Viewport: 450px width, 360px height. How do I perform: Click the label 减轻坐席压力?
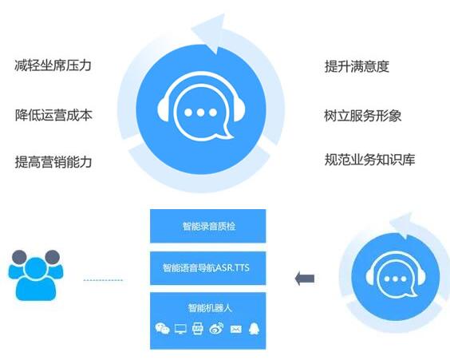[x=53, y=65]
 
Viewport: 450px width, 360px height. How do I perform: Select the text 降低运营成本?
[x=53, y=115]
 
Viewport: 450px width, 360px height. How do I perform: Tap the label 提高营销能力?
[x=53, y=161]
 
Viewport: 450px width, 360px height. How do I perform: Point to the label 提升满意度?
[x=357, y=66]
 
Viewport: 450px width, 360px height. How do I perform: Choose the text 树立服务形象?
[x=363, y=116]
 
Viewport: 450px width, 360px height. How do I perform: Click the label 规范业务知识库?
[x=369, y=160]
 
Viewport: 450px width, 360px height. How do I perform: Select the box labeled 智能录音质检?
[x=208, y=226]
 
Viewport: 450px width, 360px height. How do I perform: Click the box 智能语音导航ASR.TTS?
[x=208, y=268]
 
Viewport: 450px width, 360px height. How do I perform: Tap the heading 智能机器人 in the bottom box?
[x=210, y=308]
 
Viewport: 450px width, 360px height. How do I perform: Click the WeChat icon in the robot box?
[x=162, y=328]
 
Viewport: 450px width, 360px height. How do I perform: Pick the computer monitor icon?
[x=180, y=329]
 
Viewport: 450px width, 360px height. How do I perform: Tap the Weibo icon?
[x=217, y=328]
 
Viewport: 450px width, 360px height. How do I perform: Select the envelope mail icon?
[x=236, y=329]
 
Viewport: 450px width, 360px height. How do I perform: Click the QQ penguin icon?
[x=254, y=328]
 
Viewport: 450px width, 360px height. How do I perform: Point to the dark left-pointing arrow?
[x=305, y=279]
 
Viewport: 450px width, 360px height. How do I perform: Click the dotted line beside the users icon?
[x=103, y=280]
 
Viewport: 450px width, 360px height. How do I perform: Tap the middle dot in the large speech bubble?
[x=200, y=113]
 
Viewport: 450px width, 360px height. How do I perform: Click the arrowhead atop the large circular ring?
[x=208, y=33]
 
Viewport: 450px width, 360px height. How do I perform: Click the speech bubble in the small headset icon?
[x=396, y=280]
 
